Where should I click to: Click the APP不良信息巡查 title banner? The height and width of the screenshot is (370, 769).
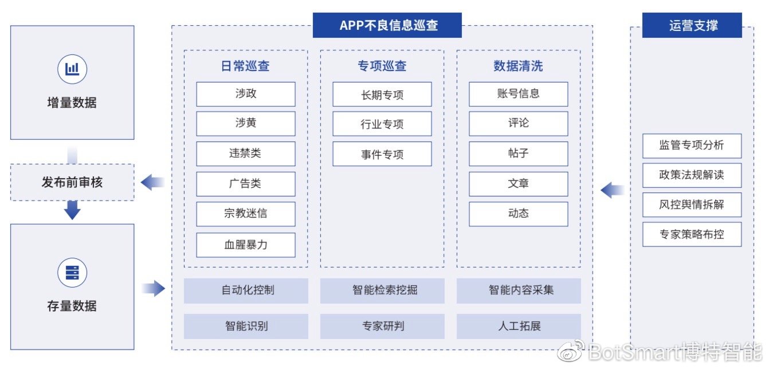[387, 25]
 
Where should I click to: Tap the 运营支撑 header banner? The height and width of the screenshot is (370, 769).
[692, 25]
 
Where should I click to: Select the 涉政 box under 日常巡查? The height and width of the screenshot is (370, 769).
[246, 94]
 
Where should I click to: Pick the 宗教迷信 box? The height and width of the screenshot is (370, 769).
[246, 214]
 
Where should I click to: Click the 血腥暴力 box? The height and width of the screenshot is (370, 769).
[246, 245]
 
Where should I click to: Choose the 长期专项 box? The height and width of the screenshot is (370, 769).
[382, 94]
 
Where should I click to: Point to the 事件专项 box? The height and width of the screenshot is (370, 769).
[382, 154]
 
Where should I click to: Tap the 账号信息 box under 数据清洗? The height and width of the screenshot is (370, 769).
[519, 94]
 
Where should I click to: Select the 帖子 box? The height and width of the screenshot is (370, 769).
[519, 154]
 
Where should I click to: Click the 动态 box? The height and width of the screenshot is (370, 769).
[519, 214]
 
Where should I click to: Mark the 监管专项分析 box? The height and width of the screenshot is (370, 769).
[692, 146]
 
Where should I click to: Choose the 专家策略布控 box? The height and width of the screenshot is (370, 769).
[692, 235]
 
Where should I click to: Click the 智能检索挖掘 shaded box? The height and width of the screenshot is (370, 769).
[382, 290]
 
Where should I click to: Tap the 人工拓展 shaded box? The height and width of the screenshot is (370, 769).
[519, 326]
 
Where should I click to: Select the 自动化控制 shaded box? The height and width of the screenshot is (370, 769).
[246, 290]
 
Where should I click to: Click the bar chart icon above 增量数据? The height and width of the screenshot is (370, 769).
[72, 69]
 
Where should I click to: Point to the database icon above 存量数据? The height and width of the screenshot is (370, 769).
[72, 273]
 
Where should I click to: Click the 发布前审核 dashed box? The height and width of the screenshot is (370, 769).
[72, 182]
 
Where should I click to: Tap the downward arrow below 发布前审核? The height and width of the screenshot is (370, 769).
[72, 210]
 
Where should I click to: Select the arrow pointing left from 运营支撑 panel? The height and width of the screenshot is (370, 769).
[613, 190]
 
